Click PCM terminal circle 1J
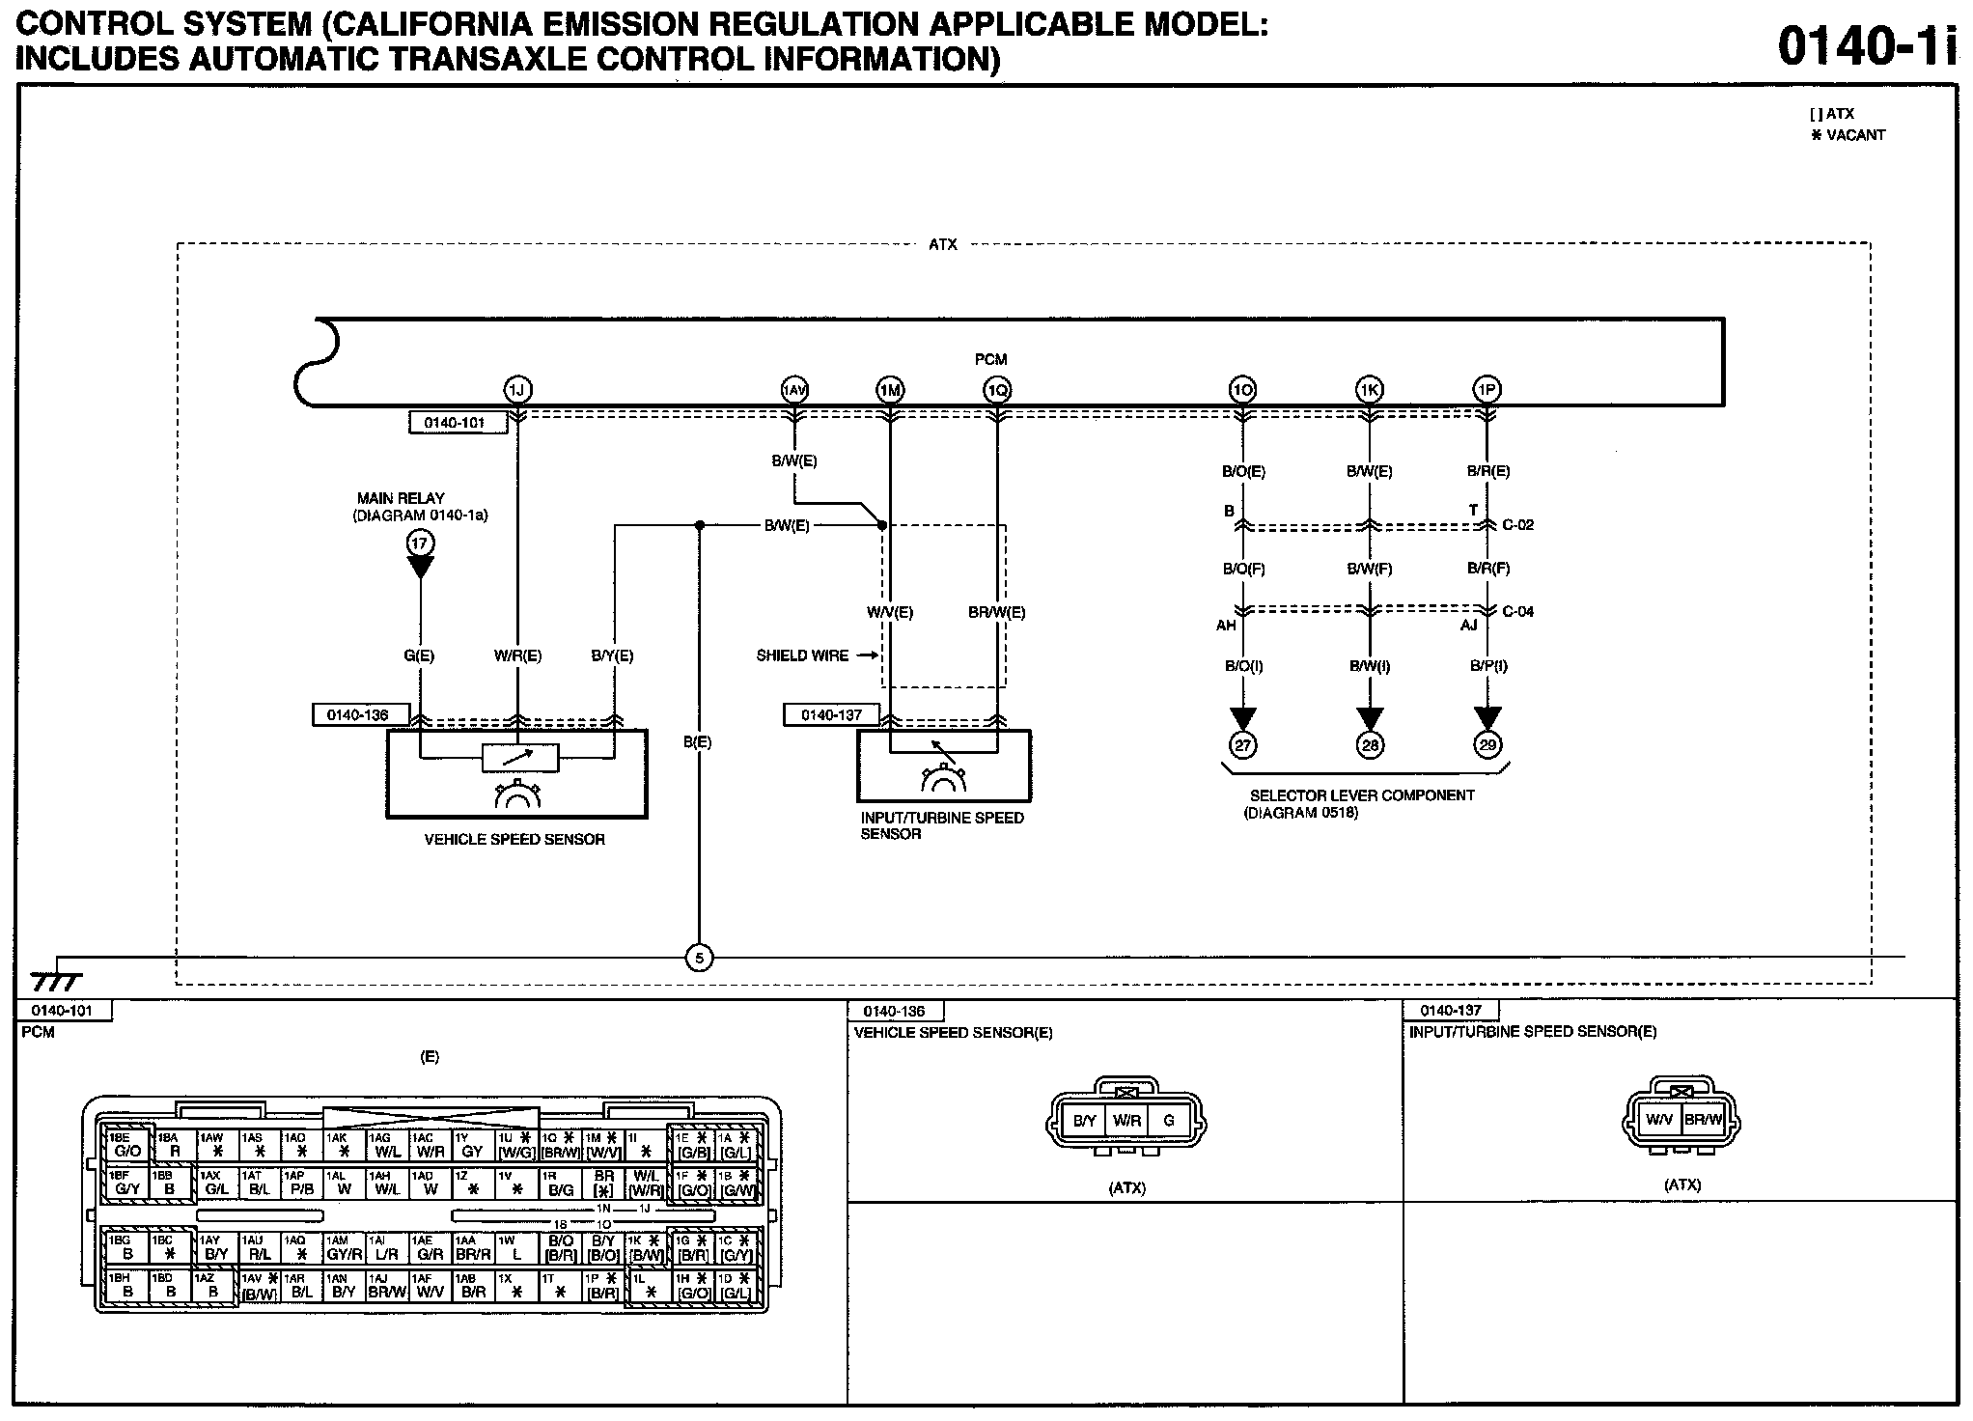517,390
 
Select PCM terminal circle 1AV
793,390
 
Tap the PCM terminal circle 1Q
997,390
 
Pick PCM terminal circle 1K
1369,390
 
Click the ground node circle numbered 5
699,959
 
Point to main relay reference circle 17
420,543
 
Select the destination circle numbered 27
1242,744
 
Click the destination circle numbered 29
1487,744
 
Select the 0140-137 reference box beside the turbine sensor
831,715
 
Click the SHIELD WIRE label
802,655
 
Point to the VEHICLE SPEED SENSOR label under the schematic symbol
514,840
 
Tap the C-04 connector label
1517,611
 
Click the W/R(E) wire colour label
517,656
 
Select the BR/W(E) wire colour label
997,612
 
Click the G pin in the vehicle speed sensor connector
1169,1122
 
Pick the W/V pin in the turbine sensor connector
1659,1120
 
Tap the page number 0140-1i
1868,45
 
